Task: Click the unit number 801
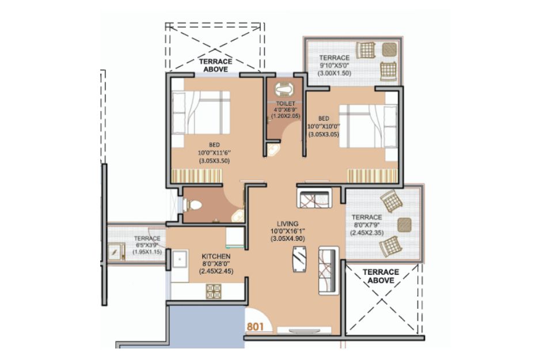point(255,327)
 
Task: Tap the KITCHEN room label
point(216,256)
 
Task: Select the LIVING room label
point(287,223)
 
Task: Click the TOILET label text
point(286,103)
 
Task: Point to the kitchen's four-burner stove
point(214,291)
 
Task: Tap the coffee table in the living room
point(299,259)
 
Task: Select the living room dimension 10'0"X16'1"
point(287,231)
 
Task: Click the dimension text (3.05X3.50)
point(214,161)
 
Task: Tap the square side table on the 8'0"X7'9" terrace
point(404,225)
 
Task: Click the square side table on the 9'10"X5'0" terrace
point(389,50)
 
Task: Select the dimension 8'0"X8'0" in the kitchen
point(216,264)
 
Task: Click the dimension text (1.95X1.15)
point(147,252)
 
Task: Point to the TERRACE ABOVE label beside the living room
point(381,276)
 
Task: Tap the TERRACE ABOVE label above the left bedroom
point(216,66)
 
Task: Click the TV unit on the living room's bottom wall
point(305,330)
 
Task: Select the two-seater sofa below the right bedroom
point(314,198)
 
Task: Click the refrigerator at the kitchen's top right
point(234,238)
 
